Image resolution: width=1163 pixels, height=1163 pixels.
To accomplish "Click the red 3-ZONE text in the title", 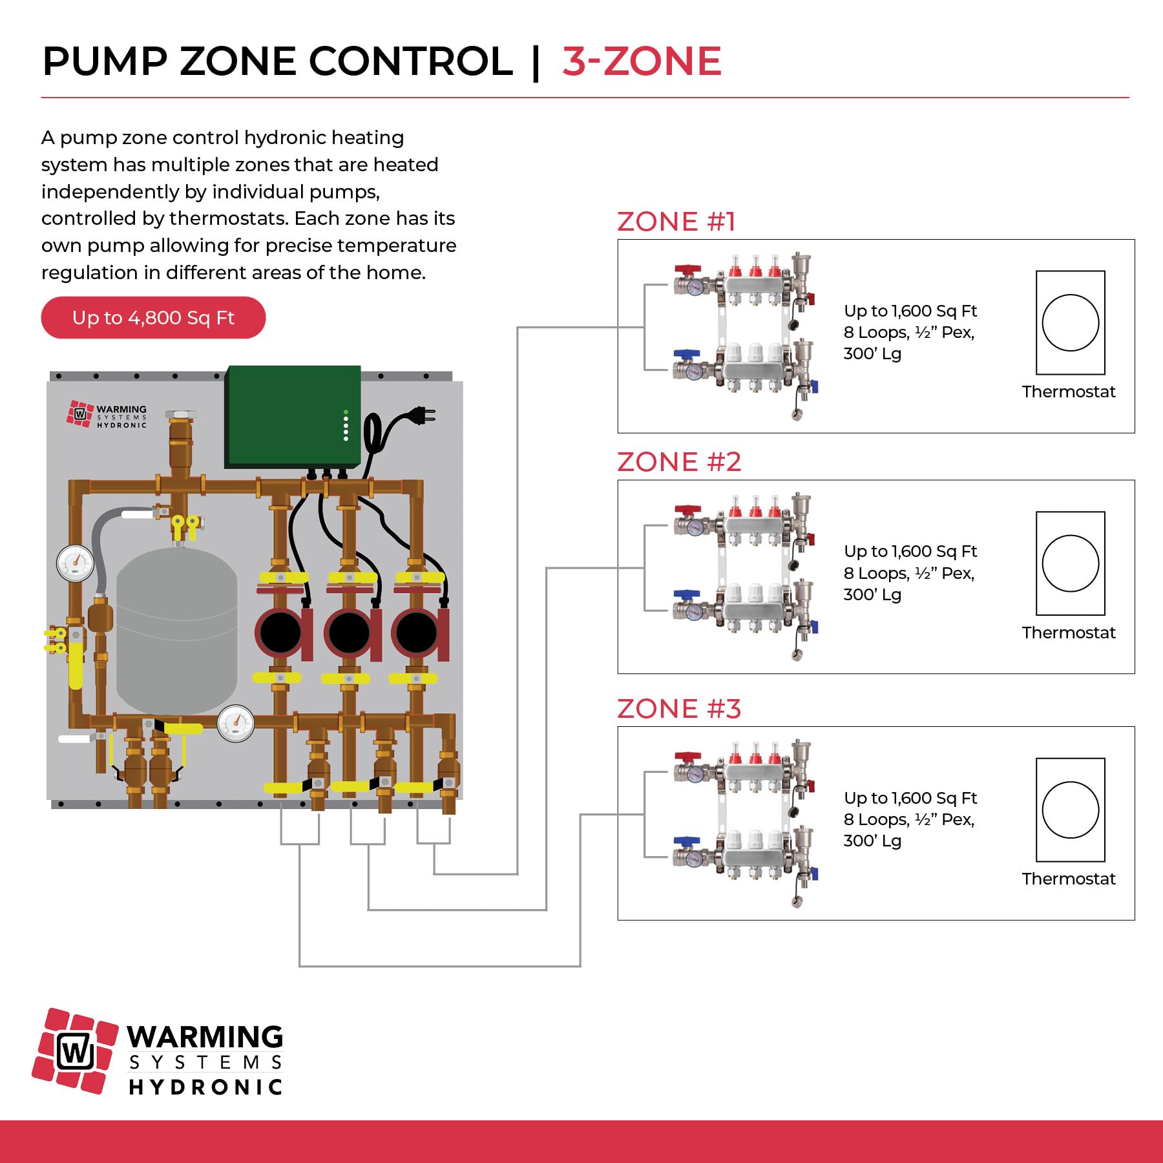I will click(642, 61).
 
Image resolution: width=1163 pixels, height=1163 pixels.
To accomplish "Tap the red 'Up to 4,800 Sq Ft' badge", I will click(153, 317).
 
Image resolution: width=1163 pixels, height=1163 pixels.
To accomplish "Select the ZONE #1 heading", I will click(676, 222).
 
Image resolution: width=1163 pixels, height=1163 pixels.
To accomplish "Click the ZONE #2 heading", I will click(679, 462).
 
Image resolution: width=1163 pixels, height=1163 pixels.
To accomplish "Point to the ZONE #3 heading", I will click(679, 709).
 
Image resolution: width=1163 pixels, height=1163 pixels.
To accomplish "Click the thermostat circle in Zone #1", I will click(1070, 322).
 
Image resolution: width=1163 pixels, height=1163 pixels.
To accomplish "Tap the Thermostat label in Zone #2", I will click(1069, 633).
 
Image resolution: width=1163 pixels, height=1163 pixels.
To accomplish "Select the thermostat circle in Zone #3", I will click(1070, 810).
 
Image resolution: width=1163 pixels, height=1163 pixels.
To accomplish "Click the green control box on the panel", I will click(293, 415).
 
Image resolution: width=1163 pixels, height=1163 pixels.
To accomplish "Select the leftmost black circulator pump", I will click(280, 632).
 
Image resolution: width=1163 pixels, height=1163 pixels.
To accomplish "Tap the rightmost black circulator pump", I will click(416, 632).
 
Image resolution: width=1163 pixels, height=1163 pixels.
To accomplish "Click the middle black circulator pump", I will click(349, 632).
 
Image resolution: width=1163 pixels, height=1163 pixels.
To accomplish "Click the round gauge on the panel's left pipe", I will click(76, 563).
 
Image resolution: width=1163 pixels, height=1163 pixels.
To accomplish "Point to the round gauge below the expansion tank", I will click(236, 723).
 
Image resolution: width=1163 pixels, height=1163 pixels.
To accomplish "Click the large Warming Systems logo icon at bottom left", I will click(75, 1051).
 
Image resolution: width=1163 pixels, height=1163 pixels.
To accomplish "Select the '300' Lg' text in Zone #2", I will click(872, 594).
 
